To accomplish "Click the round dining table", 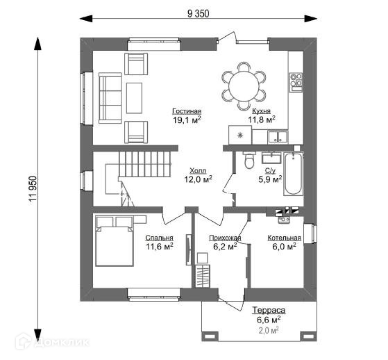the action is [x=244, y=86].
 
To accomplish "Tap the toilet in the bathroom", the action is [x=249, y=160].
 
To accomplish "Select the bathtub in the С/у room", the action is [x=293, y=174].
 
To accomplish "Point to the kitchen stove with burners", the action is [x=296, y=83].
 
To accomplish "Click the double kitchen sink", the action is [x=278, y=137].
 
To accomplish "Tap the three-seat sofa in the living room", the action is [x=110, y=98].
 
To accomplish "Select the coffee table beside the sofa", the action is [x=134, y=98].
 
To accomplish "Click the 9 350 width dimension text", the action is [x=199, y=14].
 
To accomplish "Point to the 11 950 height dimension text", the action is [x=33, y=188].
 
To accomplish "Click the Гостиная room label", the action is [x=187, y=111].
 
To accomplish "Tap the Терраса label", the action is [x=269, y=310].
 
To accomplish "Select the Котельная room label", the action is [x=285, y=238].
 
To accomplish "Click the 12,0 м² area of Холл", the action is [x=198, y=179].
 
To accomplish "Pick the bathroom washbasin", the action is [x=271, y=158].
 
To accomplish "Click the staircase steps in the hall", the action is [x=144, y=164].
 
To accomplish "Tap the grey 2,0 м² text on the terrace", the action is [x=269, y=330].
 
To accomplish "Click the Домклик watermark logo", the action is [x=52, y=342].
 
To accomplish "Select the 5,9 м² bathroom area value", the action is [x=270, y=179].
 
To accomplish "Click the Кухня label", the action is [x=261, y=111].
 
